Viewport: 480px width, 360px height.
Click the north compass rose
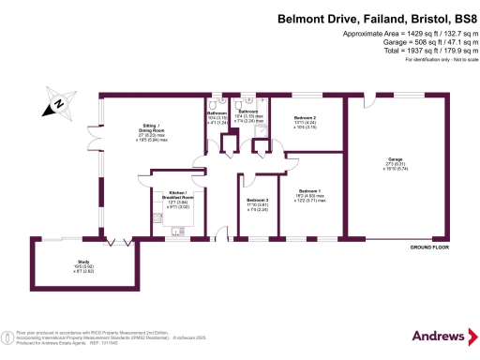click(57, 104)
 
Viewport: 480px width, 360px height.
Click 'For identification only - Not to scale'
click(438, 60)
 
